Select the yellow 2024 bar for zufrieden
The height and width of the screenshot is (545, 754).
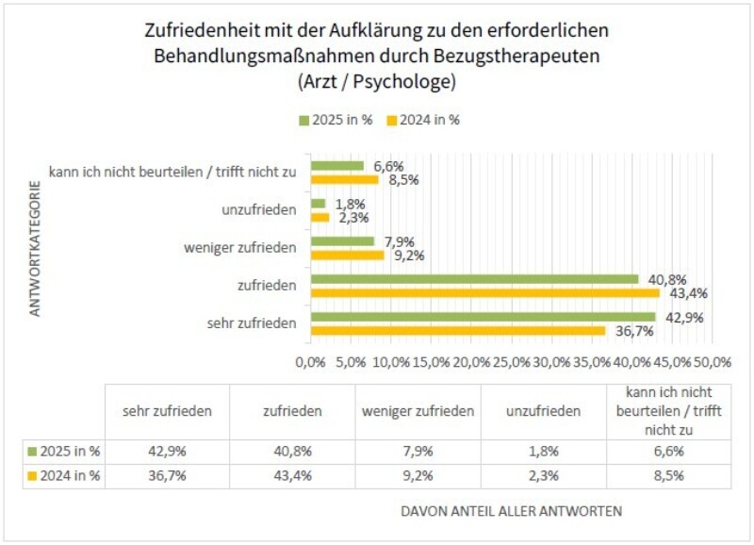484,292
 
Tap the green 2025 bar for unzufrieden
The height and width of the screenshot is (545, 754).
318,204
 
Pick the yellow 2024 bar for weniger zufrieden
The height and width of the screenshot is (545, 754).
347,255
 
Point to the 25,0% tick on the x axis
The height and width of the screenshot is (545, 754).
512,362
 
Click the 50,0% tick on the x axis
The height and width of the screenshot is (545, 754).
713,362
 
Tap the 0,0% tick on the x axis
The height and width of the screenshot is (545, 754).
310,362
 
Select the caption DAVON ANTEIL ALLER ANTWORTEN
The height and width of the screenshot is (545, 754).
511,511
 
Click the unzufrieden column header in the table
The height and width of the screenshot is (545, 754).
543,411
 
